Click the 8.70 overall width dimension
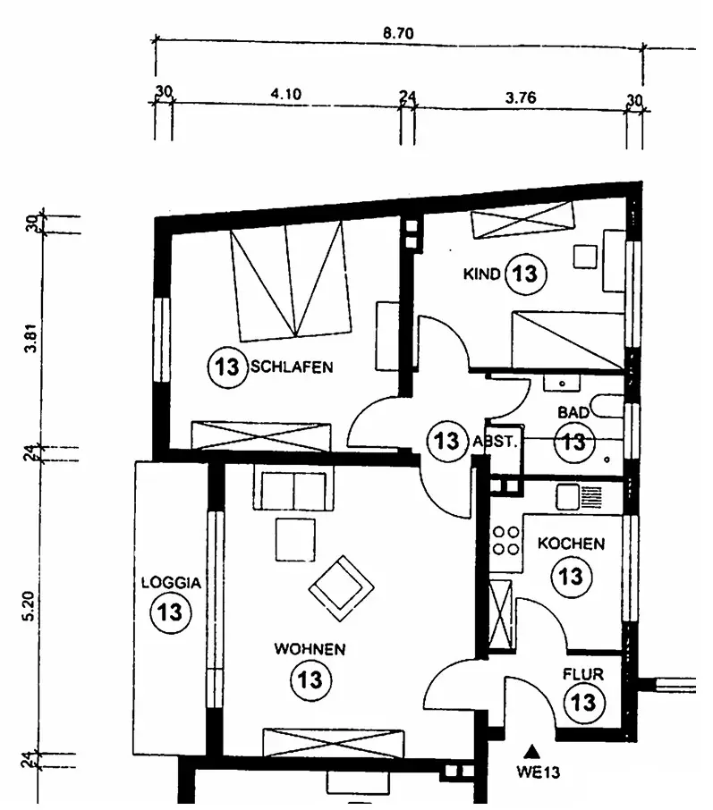398,33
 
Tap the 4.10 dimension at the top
286,94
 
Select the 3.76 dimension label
521,97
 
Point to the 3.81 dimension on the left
31,338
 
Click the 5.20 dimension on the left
30,606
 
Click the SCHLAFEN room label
293,367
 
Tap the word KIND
481,274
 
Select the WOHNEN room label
310,649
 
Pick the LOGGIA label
171,583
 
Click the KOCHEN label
572,544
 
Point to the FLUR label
583,674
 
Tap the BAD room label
573,412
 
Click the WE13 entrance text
538,772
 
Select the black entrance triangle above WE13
532,751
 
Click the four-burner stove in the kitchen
505,541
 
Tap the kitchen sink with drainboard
579,497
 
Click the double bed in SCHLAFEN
291,281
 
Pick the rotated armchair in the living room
341,588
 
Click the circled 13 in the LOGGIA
171,612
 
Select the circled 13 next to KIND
525,274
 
